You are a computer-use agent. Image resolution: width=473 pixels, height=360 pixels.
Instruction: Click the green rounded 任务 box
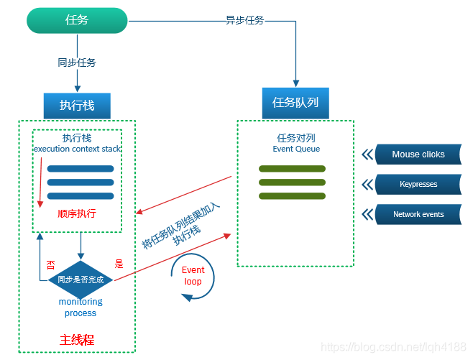point(77,20)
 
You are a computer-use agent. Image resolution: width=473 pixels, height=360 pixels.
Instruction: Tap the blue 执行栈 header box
point(77,106)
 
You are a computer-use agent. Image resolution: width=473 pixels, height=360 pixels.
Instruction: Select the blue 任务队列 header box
point(295,103)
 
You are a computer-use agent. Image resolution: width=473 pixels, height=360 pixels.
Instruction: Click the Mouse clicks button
point(418,154)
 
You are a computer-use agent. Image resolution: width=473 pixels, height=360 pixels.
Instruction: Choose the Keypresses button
point(418,184)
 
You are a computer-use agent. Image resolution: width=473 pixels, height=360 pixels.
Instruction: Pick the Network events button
point(418,214)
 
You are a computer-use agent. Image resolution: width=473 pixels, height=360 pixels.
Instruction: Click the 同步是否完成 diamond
point(81,279)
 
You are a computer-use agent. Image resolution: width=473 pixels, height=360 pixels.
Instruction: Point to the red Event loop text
point(193,276)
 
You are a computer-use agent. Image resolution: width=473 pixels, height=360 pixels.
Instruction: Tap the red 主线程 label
point(77,339)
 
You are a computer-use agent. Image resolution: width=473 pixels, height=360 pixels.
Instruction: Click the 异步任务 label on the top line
point(244,20)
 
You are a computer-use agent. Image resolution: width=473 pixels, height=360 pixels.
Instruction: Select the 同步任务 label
point(77,63)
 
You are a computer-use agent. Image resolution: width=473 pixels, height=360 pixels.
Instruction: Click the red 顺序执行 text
point(77,213)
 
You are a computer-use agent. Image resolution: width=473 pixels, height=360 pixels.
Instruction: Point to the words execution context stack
point(77,149)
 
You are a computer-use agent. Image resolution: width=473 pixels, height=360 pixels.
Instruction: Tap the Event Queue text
point(296,149)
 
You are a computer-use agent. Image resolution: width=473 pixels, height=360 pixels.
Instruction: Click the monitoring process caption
point(81,308)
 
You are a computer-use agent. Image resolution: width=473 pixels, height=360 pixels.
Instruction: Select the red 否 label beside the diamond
point(50,264)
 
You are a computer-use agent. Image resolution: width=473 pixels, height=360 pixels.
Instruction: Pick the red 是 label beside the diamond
point(119,264)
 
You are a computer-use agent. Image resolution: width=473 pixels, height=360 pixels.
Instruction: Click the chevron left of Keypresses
point(367,184)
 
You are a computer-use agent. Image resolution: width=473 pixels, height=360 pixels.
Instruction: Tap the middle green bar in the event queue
point(292,183)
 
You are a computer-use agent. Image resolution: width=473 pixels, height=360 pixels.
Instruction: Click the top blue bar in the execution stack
point(81,169)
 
